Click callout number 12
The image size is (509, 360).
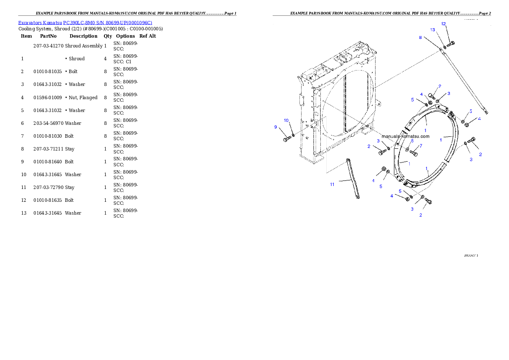444,24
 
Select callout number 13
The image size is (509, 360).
432,30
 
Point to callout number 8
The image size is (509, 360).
420,38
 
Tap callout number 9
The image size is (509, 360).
276,127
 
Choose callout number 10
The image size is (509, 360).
286,121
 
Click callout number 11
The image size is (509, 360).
332,184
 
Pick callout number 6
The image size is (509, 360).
412,141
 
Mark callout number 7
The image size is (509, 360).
420,146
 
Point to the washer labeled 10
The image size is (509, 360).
293,136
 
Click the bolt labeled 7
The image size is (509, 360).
414,153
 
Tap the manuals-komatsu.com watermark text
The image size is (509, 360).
405,136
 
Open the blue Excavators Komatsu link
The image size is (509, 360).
85,23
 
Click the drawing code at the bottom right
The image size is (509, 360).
471,256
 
